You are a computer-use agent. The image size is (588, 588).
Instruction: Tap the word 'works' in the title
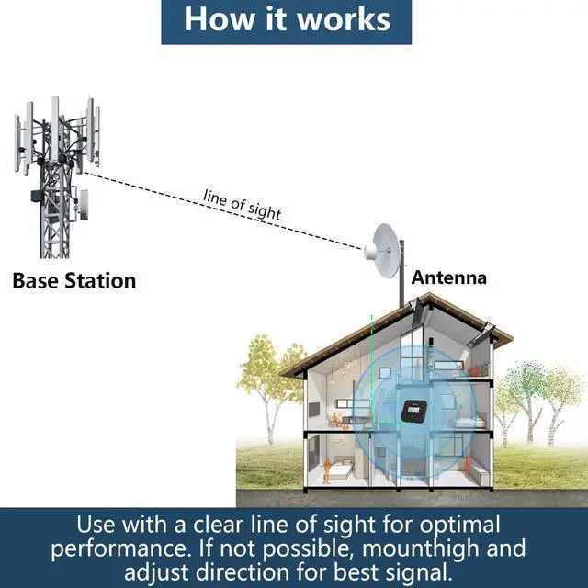341,19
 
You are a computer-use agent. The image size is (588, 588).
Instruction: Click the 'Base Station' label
73,280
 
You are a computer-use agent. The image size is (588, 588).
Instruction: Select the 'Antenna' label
448,277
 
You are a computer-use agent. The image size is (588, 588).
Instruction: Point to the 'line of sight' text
242,203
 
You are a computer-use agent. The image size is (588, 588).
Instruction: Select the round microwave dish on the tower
84,200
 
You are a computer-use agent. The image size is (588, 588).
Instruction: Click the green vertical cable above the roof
371,335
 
